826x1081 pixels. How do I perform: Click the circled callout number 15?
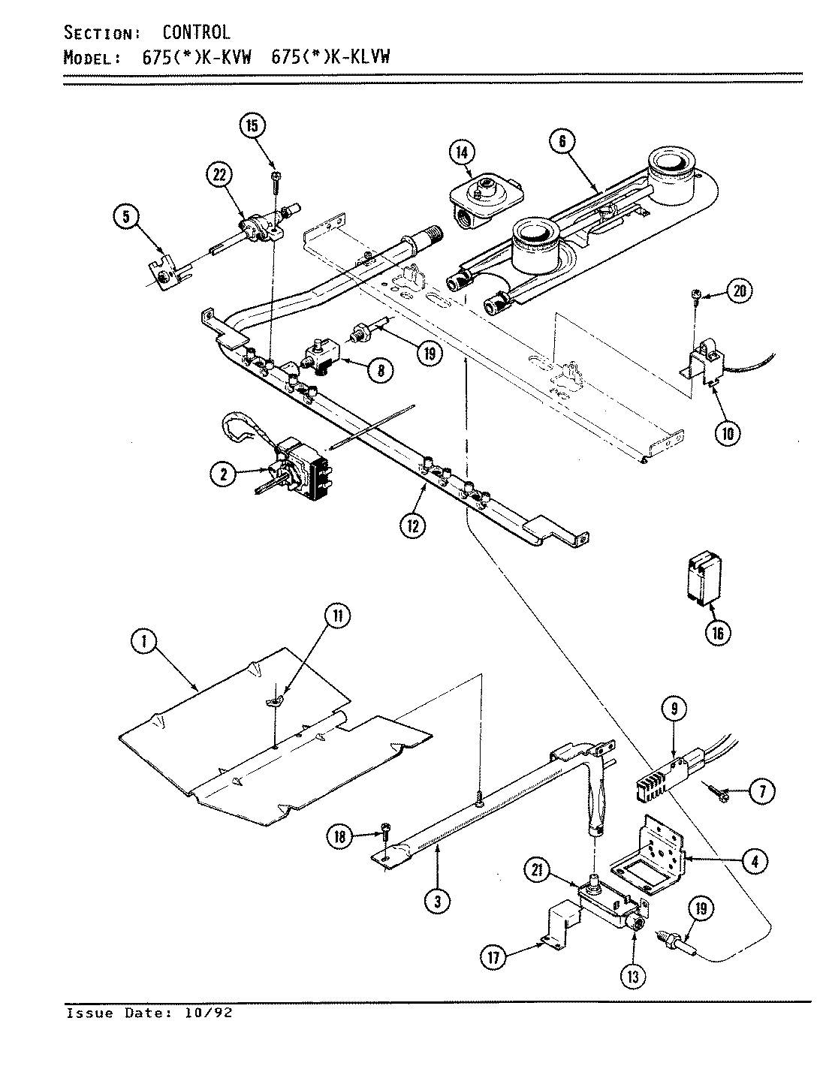point(252,125)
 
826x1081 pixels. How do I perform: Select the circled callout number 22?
point(219,176)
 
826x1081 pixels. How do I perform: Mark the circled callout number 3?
point(437,902)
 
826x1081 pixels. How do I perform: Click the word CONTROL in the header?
point(197,32)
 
